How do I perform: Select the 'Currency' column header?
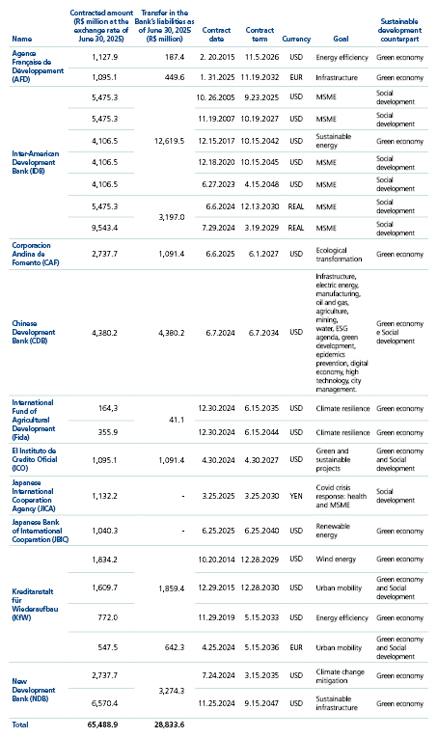click(x=296, y=40)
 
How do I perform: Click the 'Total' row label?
click(x=20, y=722)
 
